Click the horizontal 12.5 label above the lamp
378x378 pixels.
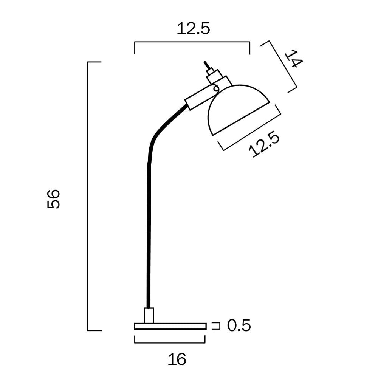pos(193,29)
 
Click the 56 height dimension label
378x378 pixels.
pos(54,199)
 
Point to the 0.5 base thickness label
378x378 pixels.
pos(239,325)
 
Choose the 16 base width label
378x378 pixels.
pos(177,359)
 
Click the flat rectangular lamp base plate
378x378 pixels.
pos(170,326)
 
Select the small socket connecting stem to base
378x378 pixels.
pos(149,316)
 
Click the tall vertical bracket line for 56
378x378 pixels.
pos(88,197)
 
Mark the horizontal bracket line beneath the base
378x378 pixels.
pos(170,342)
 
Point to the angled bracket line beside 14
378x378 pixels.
pos(283,66)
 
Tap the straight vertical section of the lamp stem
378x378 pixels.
pos(148,234)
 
